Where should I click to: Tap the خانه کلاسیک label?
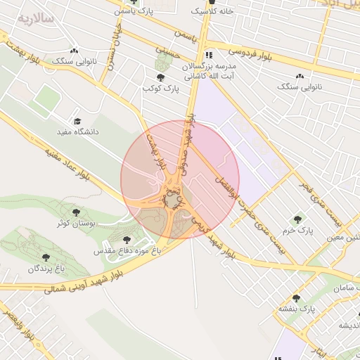coord(217,12)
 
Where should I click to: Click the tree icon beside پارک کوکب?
coord(161,77)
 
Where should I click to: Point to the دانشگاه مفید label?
coord(77,131)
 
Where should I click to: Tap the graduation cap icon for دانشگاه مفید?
coord(77,121)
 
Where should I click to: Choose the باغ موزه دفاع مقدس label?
coord(127,250)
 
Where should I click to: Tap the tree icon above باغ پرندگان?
coord(46,257)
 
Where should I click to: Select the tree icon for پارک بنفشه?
coord(296,298)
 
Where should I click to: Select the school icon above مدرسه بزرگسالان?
coord(208,55)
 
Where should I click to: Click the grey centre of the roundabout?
coord(172,202)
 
